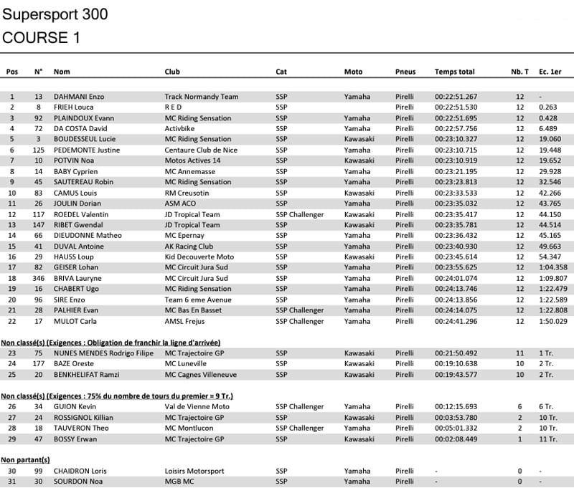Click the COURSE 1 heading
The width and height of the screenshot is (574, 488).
coord(41,38)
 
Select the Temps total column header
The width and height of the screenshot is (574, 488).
coord(454,72)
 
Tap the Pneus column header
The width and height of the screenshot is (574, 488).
coord(405,72)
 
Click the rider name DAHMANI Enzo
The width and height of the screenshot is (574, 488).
coord(79,97)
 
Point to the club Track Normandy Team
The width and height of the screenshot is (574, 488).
coord(200,97)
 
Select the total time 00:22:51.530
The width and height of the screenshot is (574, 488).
coord(456,107)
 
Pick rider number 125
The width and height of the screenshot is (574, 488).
coord(39,150)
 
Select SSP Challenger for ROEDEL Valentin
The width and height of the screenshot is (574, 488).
coord(299,214)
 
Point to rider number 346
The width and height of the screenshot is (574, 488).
coord(39,278)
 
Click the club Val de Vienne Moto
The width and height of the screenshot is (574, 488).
coord(194,407)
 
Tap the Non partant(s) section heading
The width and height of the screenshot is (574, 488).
coord(25,459)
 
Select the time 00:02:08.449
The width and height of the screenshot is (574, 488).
coord(456,439)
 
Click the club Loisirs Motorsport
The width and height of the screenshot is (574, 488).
coord(194,471)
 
